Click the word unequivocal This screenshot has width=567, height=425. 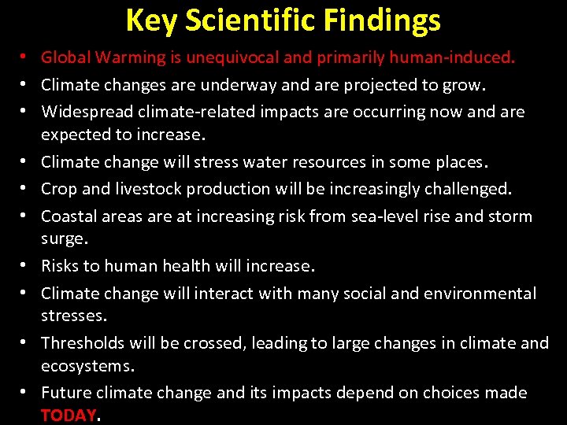coord(243,57)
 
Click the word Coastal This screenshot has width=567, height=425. coord(69,216)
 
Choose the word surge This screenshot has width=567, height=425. coord(63,238)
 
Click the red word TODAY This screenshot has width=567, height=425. coord(69,416)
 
